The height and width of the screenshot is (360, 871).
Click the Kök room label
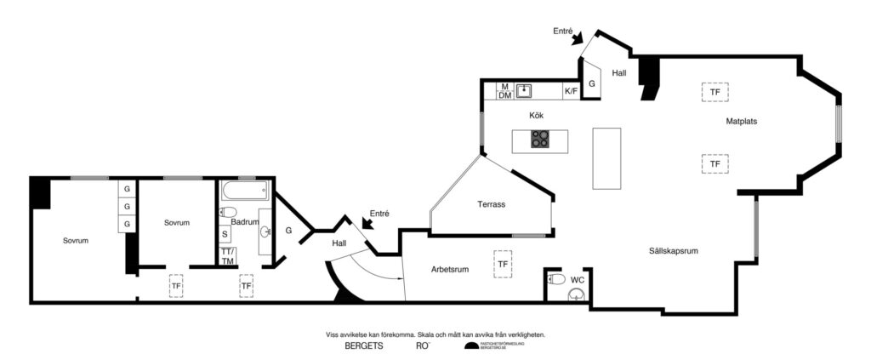click(x=536, y=115)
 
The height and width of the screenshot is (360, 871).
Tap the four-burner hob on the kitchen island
click(x=540, y=139)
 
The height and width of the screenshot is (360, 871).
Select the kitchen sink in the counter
click(x=525, y=89)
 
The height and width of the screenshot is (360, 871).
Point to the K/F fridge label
click(x=571, y=90)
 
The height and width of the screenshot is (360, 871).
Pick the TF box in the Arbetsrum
click(x=504, y=265)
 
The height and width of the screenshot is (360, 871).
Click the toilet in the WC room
click(x=556, y=278)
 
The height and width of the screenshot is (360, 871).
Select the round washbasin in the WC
click(x=577, y=295)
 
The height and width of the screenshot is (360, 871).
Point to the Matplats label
click(x=741, y=122)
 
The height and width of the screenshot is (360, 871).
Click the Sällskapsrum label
click(x=673, y=251)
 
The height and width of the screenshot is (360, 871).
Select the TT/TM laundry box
click(x=227, y=256)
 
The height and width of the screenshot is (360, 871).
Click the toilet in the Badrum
click(x=228, y=213)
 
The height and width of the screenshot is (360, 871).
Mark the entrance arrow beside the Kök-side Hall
click(x=578, y=38)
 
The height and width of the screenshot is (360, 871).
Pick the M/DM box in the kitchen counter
click(x=504, y=91)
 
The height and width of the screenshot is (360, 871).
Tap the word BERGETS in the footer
click(x=364, y=347)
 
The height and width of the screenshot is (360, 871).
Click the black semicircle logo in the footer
click(x=470, y=346)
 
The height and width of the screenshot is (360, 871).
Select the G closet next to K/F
click(x=592, y=84)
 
